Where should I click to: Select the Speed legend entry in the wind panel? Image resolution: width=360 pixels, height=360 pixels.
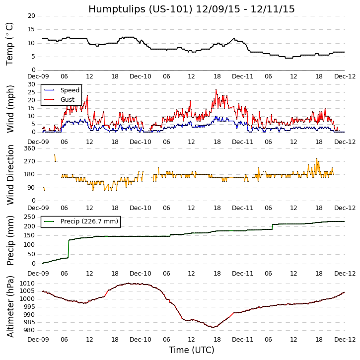click(70, 90)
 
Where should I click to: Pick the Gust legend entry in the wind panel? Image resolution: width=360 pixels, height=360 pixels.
click(68, 100)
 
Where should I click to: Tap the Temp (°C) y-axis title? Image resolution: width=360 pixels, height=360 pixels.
click(10, 43)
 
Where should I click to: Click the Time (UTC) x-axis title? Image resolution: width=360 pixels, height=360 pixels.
click(191, 350)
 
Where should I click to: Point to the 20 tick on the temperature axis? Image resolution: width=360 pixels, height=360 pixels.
click(31, 16)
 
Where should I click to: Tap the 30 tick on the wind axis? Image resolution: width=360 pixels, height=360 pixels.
click(31, 84)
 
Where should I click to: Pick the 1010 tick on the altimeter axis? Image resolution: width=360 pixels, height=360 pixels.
click(27, 283)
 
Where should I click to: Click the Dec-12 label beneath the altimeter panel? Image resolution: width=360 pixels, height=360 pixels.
click(345, 340)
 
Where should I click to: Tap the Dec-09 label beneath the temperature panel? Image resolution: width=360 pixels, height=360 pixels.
click(38, 77)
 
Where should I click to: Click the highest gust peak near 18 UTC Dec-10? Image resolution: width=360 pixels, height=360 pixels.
click(216, 89)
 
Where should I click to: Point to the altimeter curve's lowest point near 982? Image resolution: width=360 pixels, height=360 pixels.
click(214, 327)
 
